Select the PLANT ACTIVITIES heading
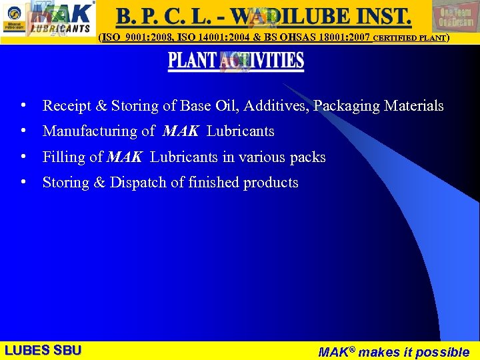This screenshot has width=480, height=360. click(x=236, y=61)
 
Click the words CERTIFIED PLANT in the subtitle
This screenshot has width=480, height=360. click(x=409, y=39)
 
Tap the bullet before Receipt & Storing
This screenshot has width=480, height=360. click(x=23, y=105)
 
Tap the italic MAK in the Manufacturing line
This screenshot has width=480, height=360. click(x=180, y=131)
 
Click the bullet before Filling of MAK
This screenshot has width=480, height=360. click(x=23, y=157)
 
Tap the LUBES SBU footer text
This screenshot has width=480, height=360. click(x=43, y=351)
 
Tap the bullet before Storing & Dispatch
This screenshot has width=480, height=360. click(x=23, y=181)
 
